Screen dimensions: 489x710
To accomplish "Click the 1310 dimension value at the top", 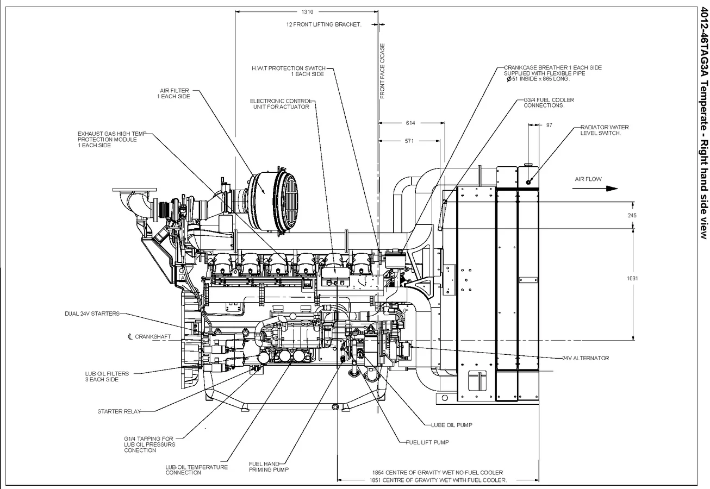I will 307,11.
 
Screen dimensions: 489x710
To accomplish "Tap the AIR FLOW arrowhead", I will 612,189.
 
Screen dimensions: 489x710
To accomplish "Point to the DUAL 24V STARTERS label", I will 92,314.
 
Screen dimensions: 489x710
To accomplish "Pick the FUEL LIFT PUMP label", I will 427,442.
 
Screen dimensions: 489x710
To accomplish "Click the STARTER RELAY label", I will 119,411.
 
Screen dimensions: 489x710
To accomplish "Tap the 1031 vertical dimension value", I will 632,278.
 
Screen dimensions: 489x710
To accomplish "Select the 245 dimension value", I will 632,215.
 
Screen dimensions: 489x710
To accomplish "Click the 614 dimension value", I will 410,123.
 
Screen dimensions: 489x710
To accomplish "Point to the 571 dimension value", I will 409,141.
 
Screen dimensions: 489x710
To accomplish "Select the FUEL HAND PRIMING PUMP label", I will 269,467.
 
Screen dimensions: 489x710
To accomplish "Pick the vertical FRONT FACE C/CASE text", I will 382,71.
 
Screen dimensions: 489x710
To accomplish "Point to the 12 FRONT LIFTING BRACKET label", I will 323,24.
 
